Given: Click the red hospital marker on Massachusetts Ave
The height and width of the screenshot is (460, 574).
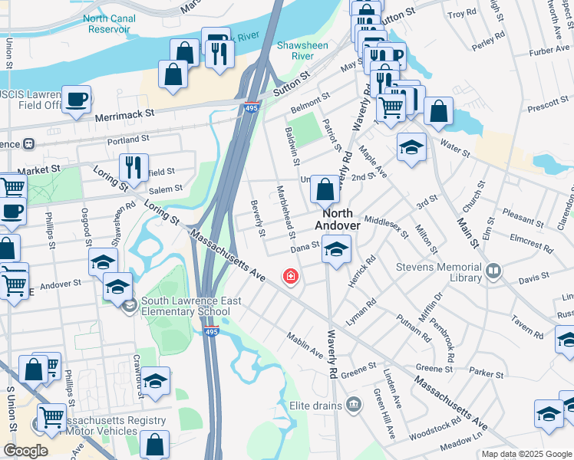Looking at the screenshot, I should click(x=291, y=276).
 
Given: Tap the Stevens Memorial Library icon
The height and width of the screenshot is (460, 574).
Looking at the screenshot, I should click(x=493, y=270).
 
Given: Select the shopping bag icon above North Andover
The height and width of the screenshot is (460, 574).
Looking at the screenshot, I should click(x=325, y=190).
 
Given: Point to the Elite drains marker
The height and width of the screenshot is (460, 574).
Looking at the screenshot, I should click(x=354, y=404).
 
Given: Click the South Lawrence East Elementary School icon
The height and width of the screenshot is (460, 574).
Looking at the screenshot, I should click(x=129, y=306).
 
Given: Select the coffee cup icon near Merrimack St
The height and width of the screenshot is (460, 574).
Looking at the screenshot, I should click(x=76, y=99).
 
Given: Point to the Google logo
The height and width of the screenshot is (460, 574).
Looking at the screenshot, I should click(x=25, y=451).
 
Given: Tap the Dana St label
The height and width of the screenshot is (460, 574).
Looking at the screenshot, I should click(x=305, y=248).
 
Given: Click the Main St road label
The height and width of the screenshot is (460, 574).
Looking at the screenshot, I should click(x=467, y=222).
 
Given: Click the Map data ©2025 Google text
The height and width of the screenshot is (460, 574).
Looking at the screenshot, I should click(x=526, y=454).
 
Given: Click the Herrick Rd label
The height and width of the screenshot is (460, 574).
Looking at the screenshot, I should click(x=361, y=271).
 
